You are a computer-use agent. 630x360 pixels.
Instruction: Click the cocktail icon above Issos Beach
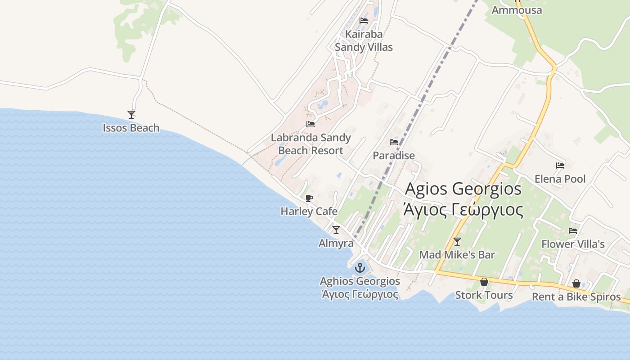[131, 115]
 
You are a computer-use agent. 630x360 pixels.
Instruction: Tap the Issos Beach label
[131, 128]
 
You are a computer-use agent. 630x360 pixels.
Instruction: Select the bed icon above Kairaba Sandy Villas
[364, 21]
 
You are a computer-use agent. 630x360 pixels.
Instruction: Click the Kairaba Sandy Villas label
[364, 40]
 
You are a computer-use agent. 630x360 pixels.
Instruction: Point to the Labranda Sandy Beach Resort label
[310, 144]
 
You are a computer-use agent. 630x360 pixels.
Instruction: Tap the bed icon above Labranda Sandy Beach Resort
[310, 124]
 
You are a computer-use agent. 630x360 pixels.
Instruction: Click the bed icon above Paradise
[394, 142]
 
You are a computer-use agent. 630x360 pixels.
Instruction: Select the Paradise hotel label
[394, 156]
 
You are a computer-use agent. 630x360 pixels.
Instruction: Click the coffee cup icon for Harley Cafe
[309, 198]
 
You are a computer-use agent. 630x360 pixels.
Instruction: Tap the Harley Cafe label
[309, 211]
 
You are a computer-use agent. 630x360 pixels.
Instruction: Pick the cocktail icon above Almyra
[336, 230]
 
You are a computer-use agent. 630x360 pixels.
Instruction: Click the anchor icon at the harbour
[360, 268]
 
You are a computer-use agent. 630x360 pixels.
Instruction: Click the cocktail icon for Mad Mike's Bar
[457, 242]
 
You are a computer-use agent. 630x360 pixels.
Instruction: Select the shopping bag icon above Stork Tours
[484, 282]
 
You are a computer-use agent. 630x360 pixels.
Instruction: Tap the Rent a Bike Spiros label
[576, 297]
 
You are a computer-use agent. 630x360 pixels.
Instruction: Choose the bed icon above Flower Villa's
[572, 231]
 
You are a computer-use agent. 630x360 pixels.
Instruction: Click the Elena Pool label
[560, 179]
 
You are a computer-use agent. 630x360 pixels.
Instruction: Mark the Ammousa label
[517, 10]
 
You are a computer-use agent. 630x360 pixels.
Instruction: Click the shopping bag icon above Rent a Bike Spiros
[576, 284]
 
